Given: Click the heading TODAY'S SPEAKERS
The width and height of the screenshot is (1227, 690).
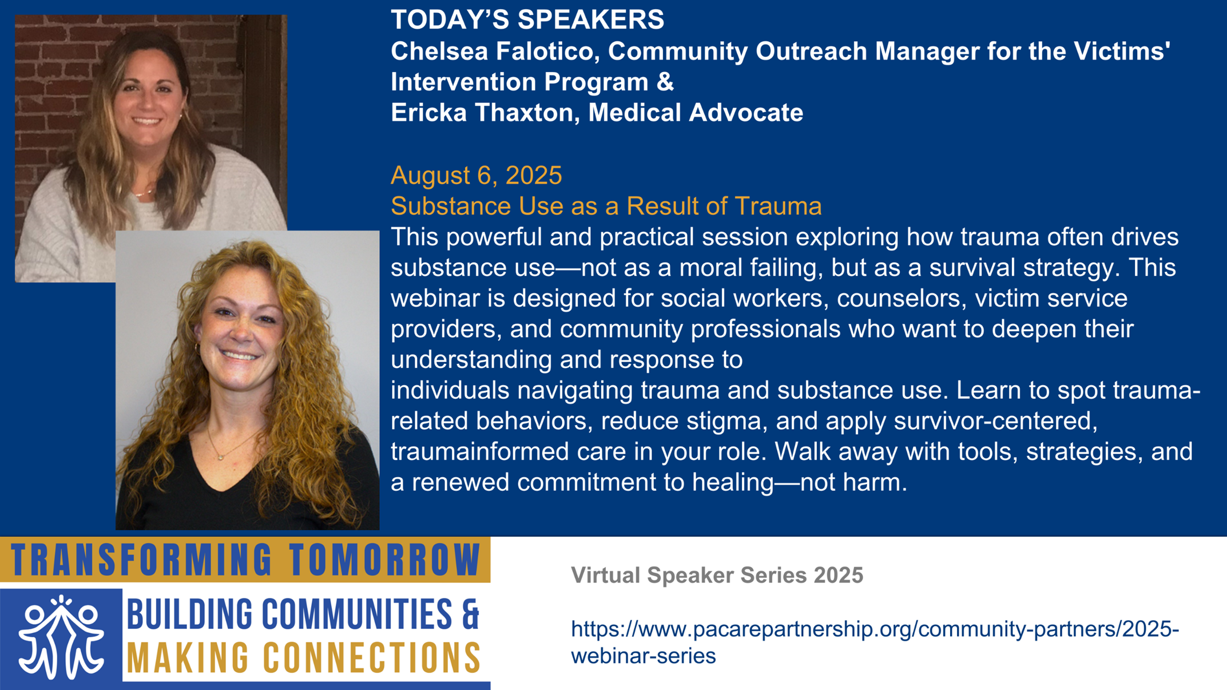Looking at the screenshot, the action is click(x=527, y=19).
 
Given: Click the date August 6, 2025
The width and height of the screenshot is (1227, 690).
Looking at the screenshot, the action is click(x=476, y=175).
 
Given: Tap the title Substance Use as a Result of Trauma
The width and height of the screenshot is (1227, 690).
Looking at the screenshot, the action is click(x=606, y=206).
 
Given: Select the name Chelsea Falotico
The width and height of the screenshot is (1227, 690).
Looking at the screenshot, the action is click(x=495, y=51).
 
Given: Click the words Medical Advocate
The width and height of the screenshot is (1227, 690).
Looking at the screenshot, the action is click(x=696, y=112).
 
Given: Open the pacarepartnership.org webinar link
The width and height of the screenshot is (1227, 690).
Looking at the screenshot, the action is click(x=875, y=642).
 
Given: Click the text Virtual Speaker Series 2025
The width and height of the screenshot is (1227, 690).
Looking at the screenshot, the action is click(x=717, y=575).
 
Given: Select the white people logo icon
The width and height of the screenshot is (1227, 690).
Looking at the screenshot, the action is click(x=61, y=637).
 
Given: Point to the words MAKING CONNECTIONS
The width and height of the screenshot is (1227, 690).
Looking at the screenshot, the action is click(x=304, y=657).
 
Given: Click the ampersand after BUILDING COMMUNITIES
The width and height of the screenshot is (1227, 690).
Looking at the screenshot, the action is click(x=470, y=614).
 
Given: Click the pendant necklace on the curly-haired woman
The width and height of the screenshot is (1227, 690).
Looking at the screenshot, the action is click(x=220, y=457).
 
